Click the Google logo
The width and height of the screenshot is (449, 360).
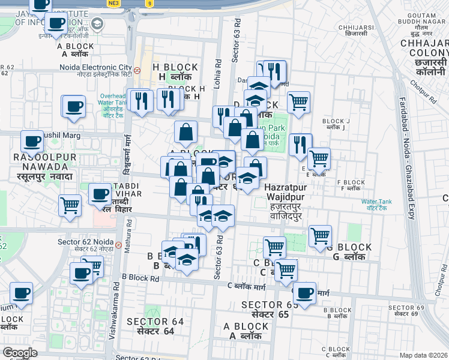20,353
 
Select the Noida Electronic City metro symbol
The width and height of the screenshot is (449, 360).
137,70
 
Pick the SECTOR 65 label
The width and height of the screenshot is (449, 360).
270,310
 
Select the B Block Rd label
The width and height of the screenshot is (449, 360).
140,278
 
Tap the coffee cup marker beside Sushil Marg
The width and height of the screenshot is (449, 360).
32,142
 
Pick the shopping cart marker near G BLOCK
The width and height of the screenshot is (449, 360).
321,236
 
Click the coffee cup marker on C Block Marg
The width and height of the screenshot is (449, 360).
304,293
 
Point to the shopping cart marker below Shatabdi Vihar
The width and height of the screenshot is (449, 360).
70,205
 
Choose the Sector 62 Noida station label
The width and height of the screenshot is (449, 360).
85,245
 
